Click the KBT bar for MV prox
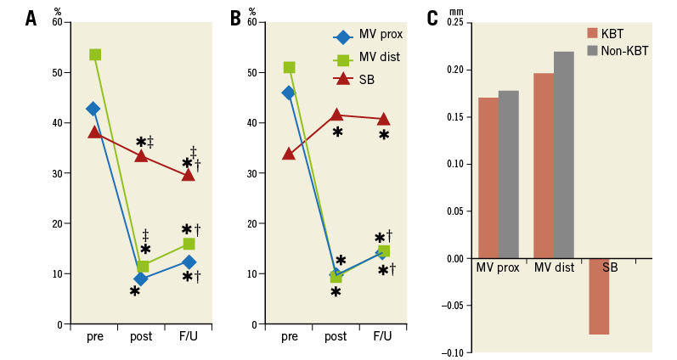pyautogui.click(x=488, y=177)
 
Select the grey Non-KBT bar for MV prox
pyautogui.click(x=508, y=174)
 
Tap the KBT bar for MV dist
pyautogui.click(x=544, y=166)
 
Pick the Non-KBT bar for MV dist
pyautogui.click(x=563, y=155)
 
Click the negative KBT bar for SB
pyautogui.click(x=599, y=296)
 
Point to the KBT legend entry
pyautogui.click(x=605, y=33)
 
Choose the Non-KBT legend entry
pyautogui.click(x=617, y=51)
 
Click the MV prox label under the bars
pyautogui.click(x=498, y=267)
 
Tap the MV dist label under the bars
pyautogui.click(x=554, y=267)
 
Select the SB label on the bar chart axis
pyautogui.click(x=610, y=267)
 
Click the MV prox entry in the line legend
pyautogui.click(x=367, y=35)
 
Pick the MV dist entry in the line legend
pyautogui.click(x=367, y=57)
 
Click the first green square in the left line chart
pyautogui.click(x=95, y=54)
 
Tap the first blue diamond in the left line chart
pyautogui.click(x=93, y=109)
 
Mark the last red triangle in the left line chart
pyautogui.click(x=189, y=174)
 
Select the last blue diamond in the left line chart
pyautogui.click(x=189, y=262)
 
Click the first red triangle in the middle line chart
pyautogui.click(x=289, y=154)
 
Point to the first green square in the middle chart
pyautogui.click(x=289, y=67)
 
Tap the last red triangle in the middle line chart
pyautogui.click(x=384, y=119)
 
